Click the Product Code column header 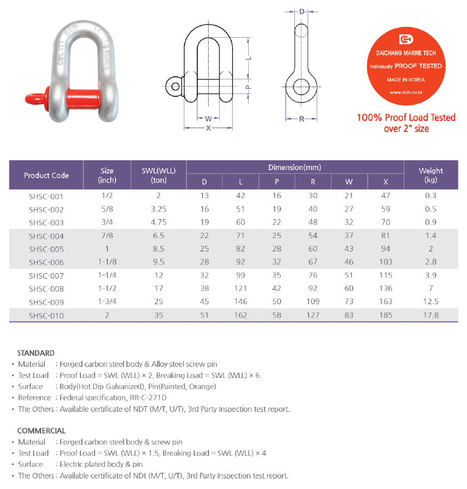point(46,175)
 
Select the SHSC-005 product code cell point(46,249)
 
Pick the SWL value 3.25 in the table point(158,209)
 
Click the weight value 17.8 point(431,315)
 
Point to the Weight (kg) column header point(431,175)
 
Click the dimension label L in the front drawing point(250,57)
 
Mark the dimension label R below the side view point(302,118)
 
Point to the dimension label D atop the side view point(302,12)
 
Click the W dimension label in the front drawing point(208,118)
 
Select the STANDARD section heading point(36,353)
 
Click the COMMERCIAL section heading point(41,431)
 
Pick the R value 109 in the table point(313,302)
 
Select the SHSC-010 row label point(46,315)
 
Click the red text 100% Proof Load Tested point(406,118)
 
